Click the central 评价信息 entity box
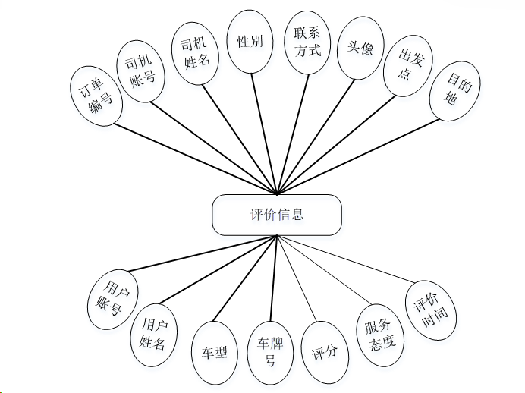[276, 214]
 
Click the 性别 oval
[250, 41]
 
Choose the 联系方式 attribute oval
[308, 42]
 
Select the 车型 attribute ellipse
[215, 352]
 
